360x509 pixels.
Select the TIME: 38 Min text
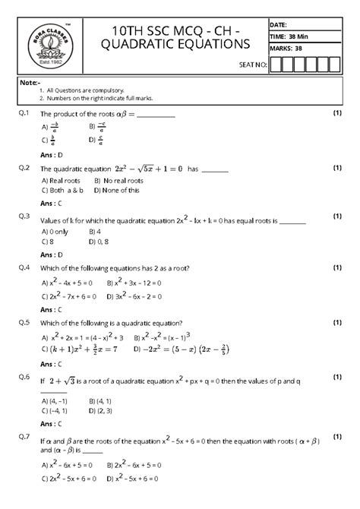click(x=288, y=36)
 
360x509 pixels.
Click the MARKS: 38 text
click(x=286, y=48)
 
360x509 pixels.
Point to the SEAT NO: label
click(x=252, y=65)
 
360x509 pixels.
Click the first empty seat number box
click(x=276, y=64)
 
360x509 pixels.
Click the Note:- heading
click(x=30, y=81)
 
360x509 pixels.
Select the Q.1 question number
click(x=24, y=113)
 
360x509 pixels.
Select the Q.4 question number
click(x=24, y=268)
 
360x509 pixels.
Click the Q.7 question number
click(x=24, y=437)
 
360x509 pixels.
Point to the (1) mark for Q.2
click(x=336, y=167)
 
